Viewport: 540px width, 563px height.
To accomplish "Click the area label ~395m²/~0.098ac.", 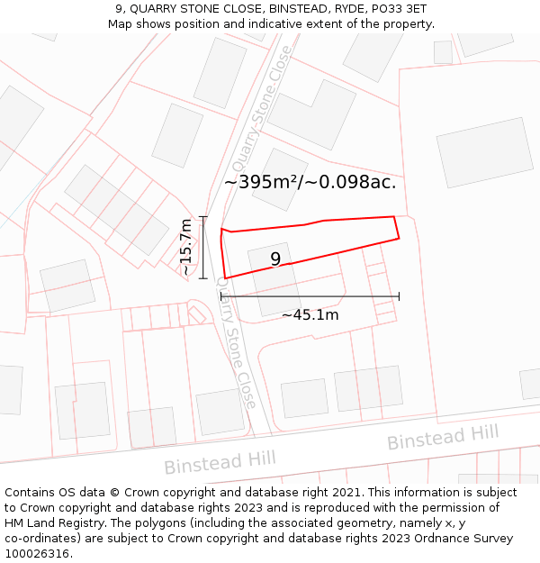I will click(310, 182).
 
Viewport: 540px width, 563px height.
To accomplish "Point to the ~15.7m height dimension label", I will click(185, 247).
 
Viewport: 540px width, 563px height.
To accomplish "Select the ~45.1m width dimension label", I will click(310, 315).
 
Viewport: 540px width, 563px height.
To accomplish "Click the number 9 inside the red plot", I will click(275, 259).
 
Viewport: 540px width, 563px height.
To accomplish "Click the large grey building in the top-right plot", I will click(485, 152).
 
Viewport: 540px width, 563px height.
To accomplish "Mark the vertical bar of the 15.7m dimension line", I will click(203, 248).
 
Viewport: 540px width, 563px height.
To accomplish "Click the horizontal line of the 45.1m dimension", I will click(310, 296).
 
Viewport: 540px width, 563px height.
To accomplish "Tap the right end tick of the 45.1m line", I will click(399, 296).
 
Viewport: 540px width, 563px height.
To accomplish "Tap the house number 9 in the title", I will click(119, 8).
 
